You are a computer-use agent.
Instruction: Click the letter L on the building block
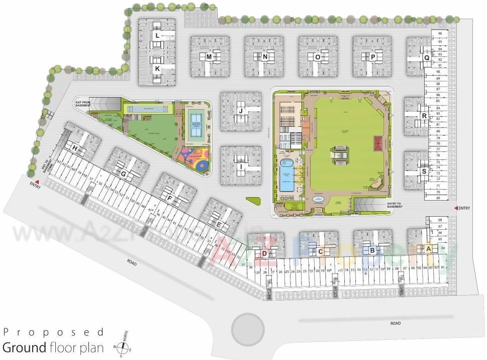tap(157, 36)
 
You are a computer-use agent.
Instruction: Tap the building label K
tap(157, 68)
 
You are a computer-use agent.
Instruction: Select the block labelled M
tap(209, 57)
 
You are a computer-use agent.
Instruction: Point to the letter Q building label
tap(426, 57)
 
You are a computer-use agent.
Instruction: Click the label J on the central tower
tap(241, 111)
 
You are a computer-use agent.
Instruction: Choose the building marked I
tap(241, 166)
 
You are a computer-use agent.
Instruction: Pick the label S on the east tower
tap(424, 171)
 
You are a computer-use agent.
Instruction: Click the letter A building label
tap(428, 249)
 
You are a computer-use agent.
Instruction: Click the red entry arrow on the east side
tap(456, 208)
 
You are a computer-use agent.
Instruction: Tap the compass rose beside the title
tap(121, 347)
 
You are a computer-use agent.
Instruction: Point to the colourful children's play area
tap(192, 157)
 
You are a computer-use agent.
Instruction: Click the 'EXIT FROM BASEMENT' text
tap(82, 103)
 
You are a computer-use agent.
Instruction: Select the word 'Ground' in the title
tap(24, 347)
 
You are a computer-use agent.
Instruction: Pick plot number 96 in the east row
tap(440, 34)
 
